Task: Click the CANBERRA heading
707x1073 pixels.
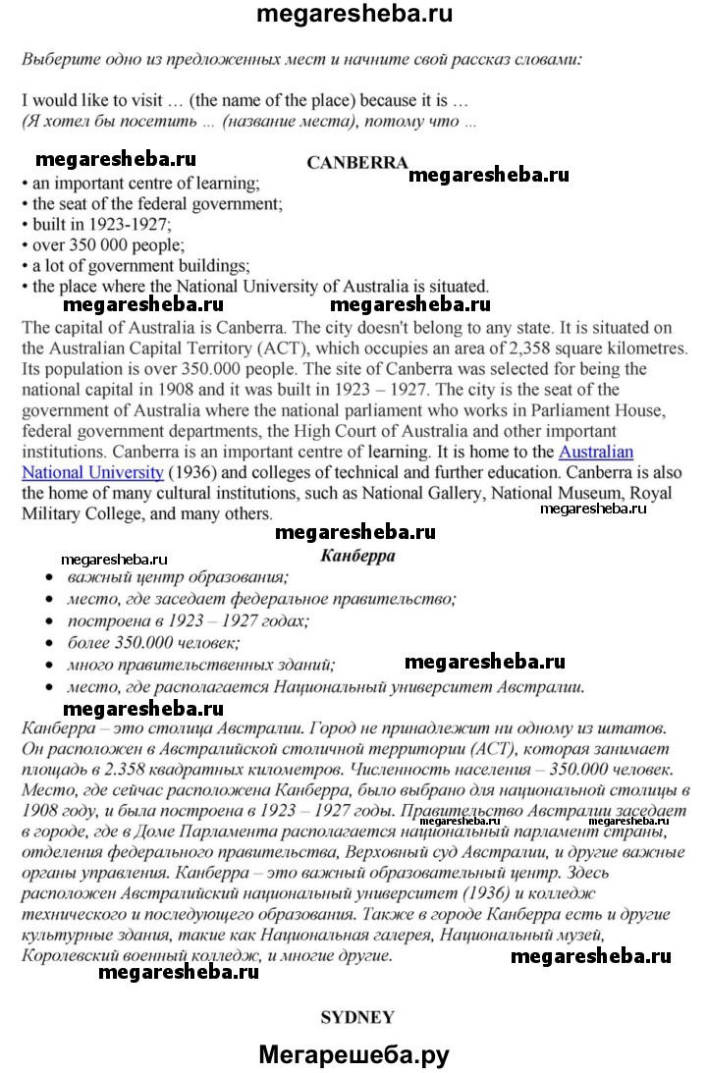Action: (x=356, y=163)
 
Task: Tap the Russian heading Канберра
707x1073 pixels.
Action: (x=357, y=556)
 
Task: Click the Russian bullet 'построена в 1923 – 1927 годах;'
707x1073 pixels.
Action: (x=188, y=620)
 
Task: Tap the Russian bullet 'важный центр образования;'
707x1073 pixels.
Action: (x=177, y=577)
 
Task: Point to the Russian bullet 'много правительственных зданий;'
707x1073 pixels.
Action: (x=201, y=665)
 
